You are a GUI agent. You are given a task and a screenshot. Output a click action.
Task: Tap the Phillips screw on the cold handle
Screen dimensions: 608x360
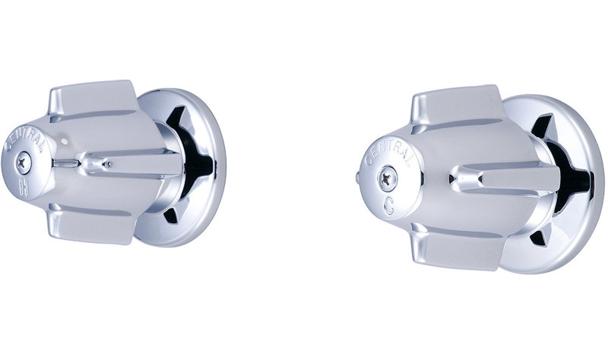pos(387,178)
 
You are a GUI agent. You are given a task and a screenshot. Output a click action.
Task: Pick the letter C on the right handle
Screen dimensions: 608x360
pos(390,207)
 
